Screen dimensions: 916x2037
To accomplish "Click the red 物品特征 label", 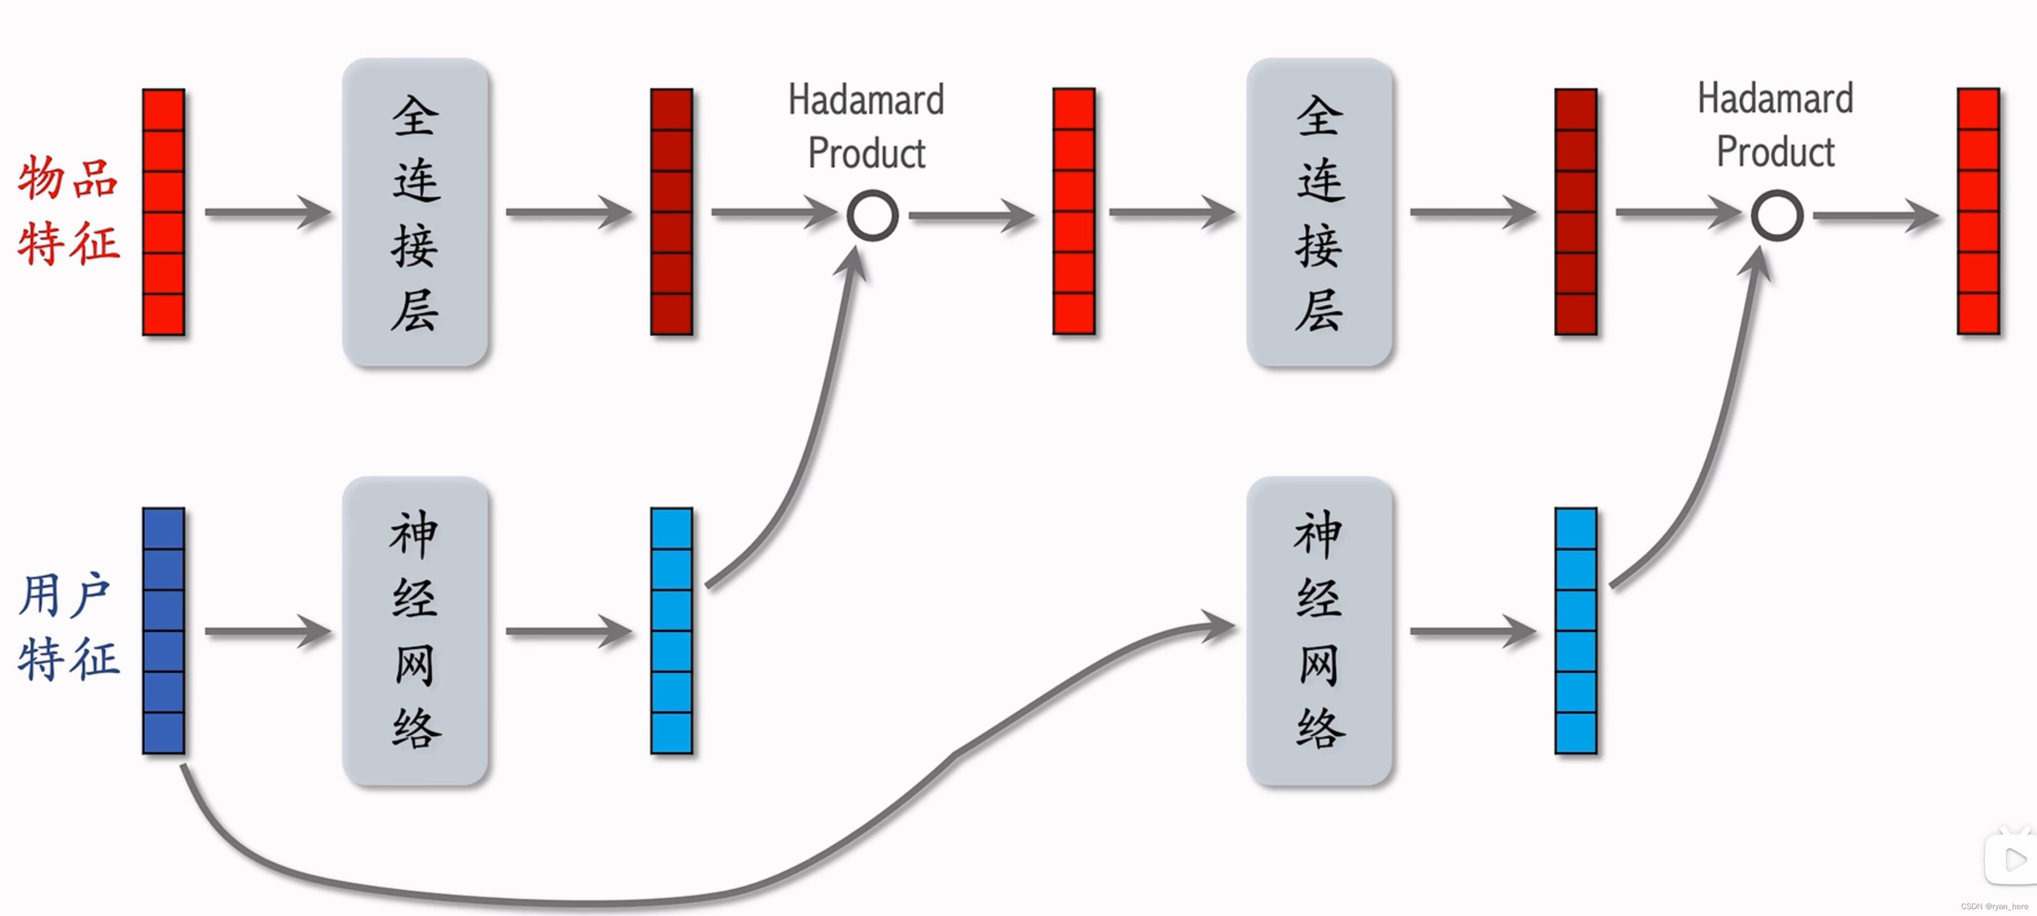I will (69, 210).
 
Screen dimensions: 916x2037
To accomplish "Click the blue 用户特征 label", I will (69, 626).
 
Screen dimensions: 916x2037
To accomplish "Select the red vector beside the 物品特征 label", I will (164, 212).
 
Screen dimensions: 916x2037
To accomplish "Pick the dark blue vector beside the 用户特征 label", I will (164, 630).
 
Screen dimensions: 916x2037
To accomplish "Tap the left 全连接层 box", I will (415, 212).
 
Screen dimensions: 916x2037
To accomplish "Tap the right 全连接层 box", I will (1319, 212).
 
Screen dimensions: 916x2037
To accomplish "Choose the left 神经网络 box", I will (415, 630).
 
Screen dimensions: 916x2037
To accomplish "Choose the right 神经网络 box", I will (1319, 630).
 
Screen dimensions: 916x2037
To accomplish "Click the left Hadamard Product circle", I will (872, 215).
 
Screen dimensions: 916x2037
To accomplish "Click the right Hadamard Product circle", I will (1777, 215).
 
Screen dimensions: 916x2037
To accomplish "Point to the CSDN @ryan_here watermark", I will (1993, 906).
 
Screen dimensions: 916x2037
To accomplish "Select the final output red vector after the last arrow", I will (1978, 212).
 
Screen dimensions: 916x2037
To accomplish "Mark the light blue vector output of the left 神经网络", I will (671, 630).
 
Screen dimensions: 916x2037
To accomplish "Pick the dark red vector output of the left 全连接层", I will (671, 212).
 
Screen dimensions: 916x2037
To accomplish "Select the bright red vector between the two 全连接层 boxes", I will (1074, 212).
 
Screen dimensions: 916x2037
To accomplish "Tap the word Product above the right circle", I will (1775, 152).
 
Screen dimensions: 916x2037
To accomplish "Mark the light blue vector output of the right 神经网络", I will (1575, 630).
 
